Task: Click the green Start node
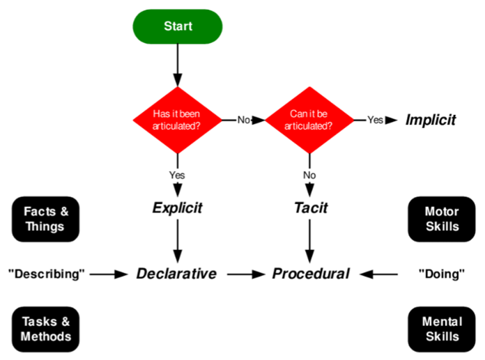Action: click(178, 26)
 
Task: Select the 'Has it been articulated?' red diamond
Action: click(178, 120)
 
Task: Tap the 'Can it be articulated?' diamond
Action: click(309, 120)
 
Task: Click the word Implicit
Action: click(430, 120)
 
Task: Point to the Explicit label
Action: click(177, 208)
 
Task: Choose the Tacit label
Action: click(309, 208)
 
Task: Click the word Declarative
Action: click(176, 274)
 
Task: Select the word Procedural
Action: click(310, 274)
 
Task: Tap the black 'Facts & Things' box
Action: click(44, 219)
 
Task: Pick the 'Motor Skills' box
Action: click(441, 219)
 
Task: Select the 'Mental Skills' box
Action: click(441, 329)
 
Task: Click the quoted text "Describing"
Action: click(46, 274)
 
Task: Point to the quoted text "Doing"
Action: click(441, 274)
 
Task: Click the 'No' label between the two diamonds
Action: click(243, 120)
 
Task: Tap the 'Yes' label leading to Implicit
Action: click(375, 120)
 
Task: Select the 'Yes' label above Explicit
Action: click(177, 174)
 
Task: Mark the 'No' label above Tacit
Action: click(309, 174)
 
